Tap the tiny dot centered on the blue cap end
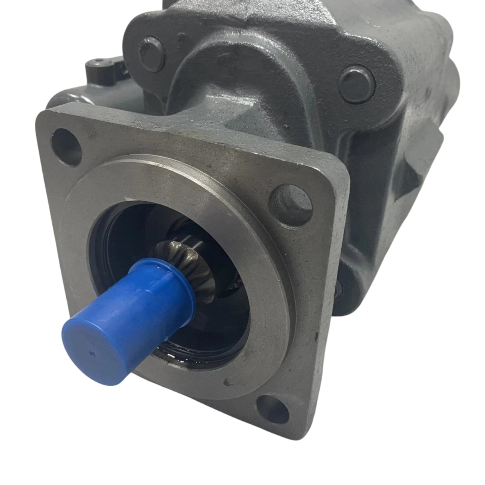point(92,352)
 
